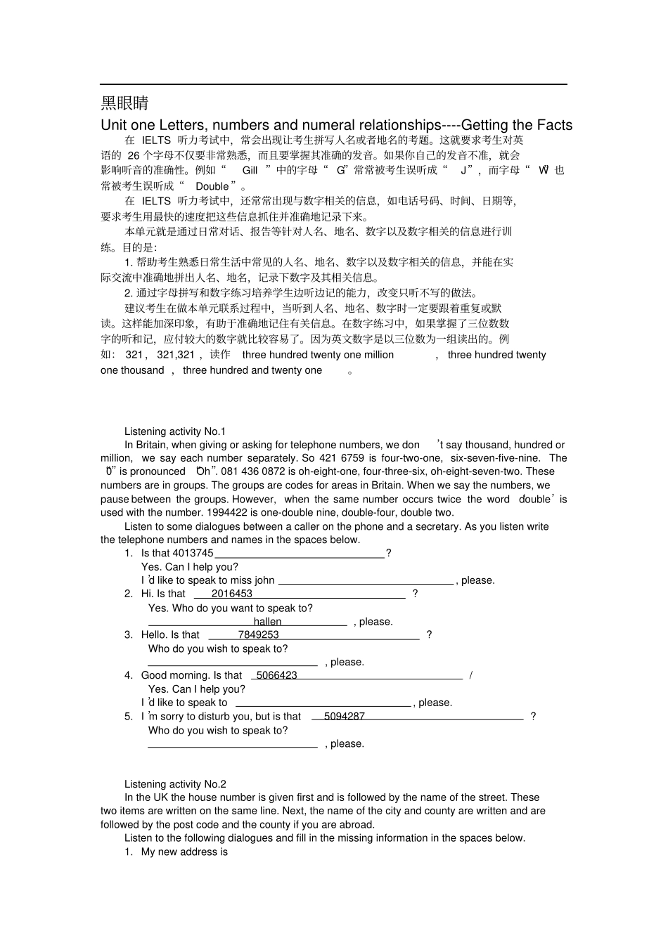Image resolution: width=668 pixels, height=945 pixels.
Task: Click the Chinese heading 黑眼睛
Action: pyautogui.click(x=124, y=103)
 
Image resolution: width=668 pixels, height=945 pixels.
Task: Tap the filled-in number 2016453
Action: pyautogui.click(x=231, y=594)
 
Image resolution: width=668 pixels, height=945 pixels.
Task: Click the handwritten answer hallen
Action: pyautogui.click(x=267, y=622)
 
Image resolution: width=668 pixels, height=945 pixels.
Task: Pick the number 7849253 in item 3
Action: pyautogui.click(x=258, y=634)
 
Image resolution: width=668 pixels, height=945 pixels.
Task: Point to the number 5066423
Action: pyautogui.click(x=276, y=675)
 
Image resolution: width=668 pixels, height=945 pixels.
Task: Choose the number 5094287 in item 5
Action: pyautogui.click(x=345, y=716)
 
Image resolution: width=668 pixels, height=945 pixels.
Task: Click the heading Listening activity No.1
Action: pyautogui.click(x=175, y=431)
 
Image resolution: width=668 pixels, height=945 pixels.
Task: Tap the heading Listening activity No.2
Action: pyautogui.click(x=175, y=784)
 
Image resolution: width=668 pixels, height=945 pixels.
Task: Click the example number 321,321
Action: pyautogui.click(x=176, y=355)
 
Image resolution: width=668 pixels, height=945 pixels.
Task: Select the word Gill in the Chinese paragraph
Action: pyautogui.click(x=250, y=170)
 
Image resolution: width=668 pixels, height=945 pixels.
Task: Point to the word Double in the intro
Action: pyautogui.click(x=212, y=186)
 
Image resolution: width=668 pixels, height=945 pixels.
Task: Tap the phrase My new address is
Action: pyautogui.click(x=184, y=852)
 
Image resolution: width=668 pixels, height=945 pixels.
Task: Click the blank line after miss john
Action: pyautogui.click(x=366, y=580)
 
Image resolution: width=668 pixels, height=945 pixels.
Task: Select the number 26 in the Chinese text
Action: pyautogui.click(x=134, y=155)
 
